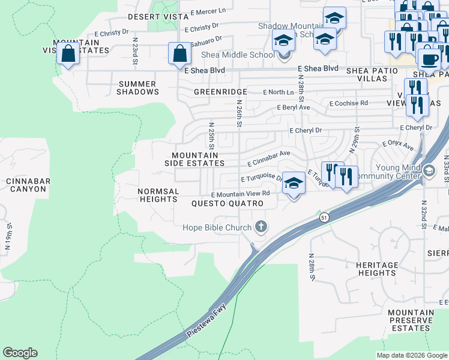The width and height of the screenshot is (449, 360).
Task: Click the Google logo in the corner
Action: coord(20,353)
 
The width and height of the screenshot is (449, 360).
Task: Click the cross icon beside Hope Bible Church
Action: coord(261,227)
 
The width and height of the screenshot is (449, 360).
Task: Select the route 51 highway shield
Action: coord(324,217)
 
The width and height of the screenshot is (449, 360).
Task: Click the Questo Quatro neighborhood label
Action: coord(228,204)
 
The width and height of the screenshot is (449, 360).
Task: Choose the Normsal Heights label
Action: coord(158,195)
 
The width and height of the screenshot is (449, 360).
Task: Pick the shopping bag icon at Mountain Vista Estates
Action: coord(68,53)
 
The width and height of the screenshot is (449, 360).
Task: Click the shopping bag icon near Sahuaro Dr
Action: coord(180,53)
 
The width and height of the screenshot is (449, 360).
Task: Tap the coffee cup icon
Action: coord(429,58)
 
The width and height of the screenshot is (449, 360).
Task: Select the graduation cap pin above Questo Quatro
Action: coord(293,182)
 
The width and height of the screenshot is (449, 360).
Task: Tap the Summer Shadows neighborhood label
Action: coord(138,88)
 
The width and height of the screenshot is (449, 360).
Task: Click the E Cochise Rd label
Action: coord(348,103)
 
